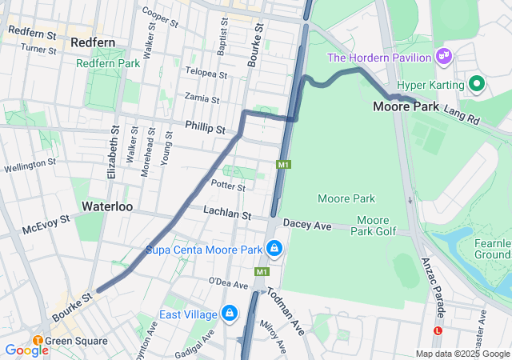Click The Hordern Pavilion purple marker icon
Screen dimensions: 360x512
[x=442, y=57]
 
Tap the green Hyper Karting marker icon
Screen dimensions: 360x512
[x=477, y=84]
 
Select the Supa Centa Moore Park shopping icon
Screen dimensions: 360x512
[x=274, y=249]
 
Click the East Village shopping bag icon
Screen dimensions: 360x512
[x=230, y=312]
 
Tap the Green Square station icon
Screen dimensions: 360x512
[x=38, y=341]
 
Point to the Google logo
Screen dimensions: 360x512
[x=26, y=350]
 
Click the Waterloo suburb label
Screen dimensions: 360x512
[x=106, y=206]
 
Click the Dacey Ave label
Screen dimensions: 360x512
[x=306, y=226]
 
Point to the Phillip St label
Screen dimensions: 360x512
[x=206, y=126]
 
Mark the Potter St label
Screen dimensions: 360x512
[x=227, y=186]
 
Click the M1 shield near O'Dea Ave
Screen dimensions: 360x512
[x=262, y=272]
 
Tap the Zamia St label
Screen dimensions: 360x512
[x=202, y=99]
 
